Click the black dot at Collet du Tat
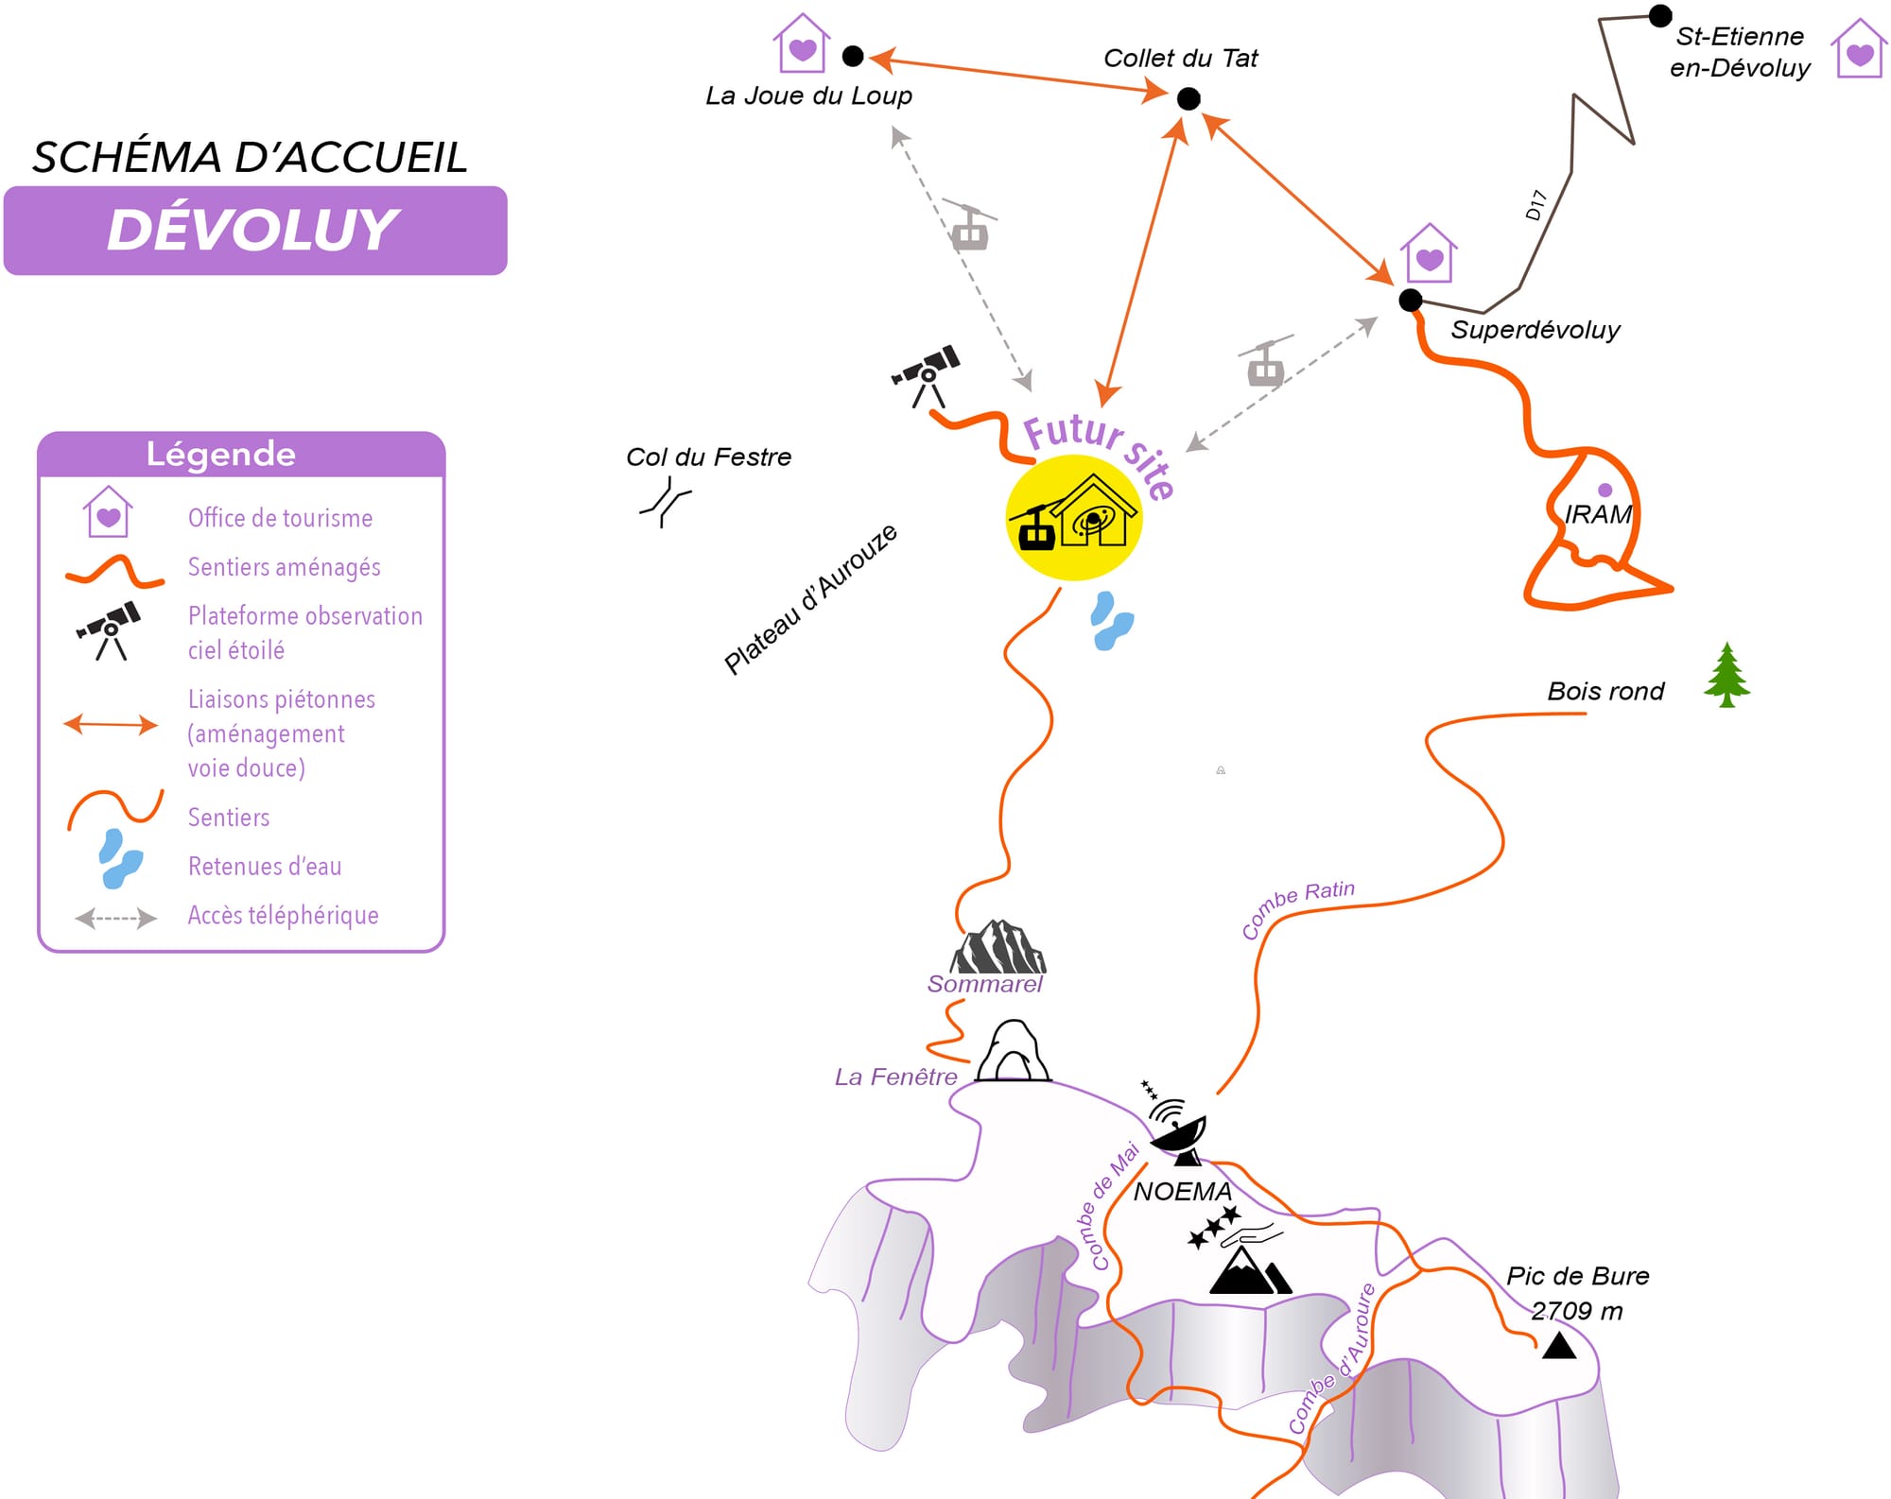(1188, 98)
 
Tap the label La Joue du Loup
(808, 95)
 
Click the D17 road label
(1535, 205)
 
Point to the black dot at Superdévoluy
(1411, 300)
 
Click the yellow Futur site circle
(1074, 517)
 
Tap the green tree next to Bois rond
(1726, 674)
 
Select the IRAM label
(1598, 514)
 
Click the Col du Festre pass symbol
(666, 502)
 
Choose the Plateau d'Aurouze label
(810, 599)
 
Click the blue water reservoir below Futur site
(1111, 620)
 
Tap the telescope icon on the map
(927, 375)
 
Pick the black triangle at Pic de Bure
(1559, 1345)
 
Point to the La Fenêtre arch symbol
(1013, 1050)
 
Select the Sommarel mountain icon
(998, 946)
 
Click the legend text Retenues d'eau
(265, 866)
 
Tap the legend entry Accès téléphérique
(283, 915)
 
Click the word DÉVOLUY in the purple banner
(253, 230)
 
